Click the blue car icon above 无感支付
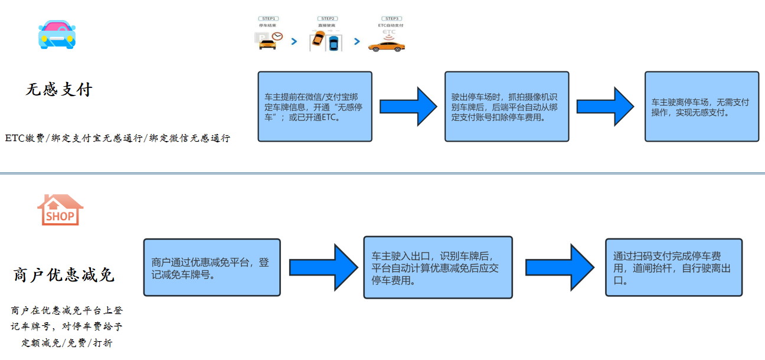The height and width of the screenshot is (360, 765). pyautogui.click(x=57, y=34)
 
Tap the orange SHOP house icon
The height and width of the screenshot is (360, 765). pyautogui.click(x=60, y=210)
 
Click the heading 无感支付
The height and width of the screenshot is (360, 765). pyautogui.click(x=59, y=90)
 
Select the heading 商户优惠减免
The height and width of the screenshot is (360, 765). pyautogui.click(x=64, y=275)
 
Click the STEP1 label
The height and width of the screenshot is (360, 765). pyautogui.click(x=269, y=19)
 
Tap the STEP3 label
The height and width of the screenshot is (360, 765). pyautogui.click(x=391, y=19)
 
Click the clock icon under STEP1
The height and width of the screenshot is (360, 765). pyautogui.click(x=277, y=37)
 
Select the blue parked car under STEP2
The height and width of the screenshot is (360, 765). pyautogui.click(x=334, y=43)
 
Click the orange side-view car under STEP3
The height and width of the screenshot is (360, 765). pyautogui.click(x=387, y=46)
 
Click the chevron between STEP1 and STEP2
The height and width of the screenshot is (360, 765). pyautogui.click(x=294, y=41)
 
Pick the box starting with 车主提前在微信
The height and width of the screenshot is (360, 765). pyautogui.click(x=315, y=107)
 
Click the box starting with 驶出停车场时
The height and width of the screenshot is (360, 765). pyautogui.click(x=506, y=107)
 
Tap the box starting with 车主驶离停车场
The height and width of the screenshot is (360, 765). pyautogui.click(x=701, y=107)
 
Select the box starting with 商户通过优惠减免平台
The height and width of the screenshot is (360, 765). pyautogui.click(x=212, y=267)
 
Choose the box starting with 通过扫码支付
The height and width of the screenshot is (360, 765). pyautogui.click(x=674, y=267)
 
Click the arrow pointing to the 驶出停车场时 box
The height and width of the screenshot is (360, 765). pyautogui.click(x=408, y=107)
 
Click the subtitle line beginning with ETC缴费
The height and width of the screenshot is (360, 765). pyautogui.click(x=117, y=138)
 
